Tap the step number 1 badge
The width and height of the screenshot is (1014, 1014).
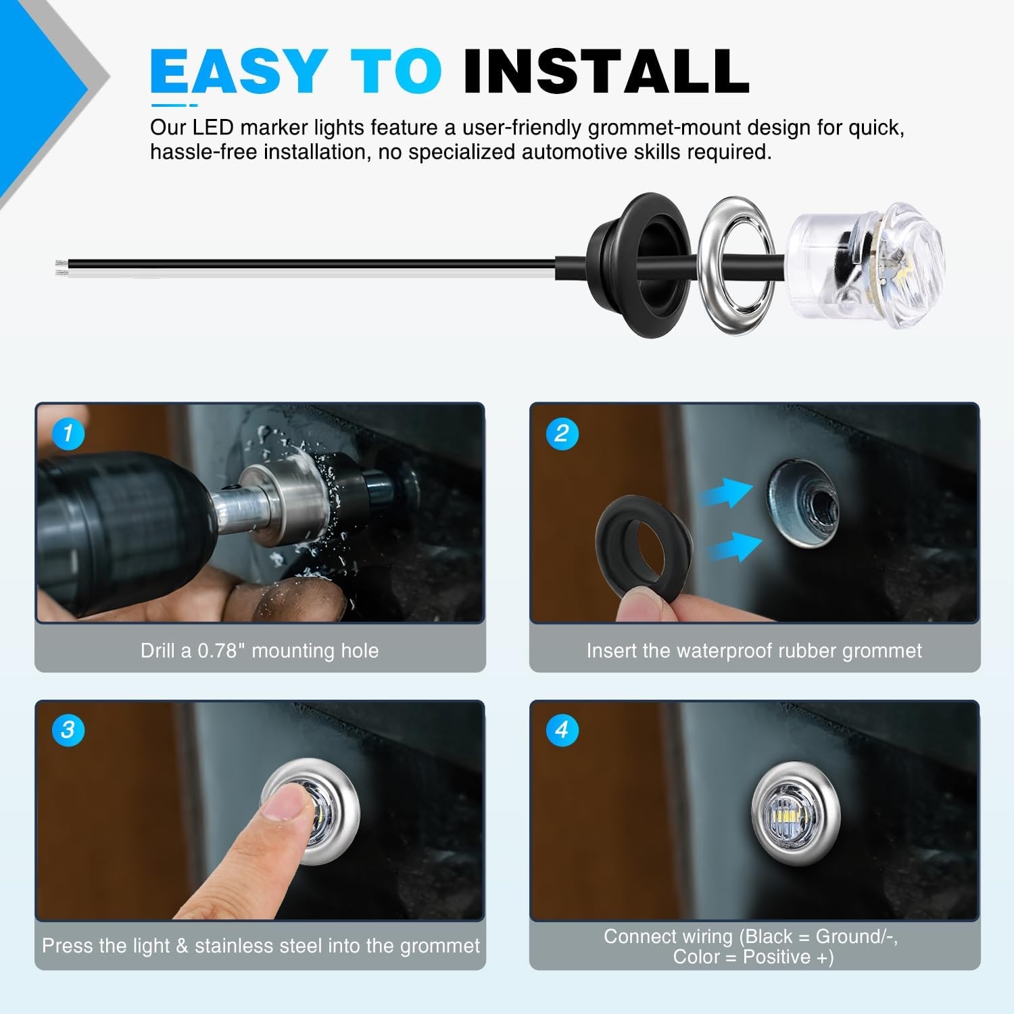(x=68, y=433)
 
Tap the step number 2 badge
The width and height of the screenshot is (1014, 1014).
(x=562, y=433)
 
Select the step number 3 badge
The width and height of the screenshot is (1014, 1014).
(x=68, y=730)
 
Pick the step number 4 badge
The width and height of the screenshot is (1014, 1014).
(x=562, y=730)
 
